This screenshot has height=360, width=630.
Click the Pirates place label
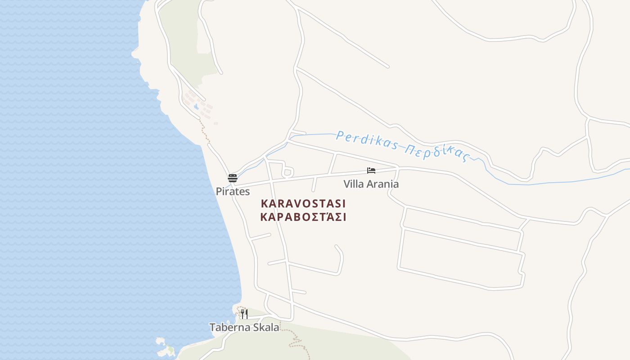click(233, 191)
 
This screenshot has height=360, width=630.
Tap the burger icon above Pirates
click(232, 178)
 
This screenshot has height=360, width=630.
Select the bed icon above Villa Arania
click(371, 171)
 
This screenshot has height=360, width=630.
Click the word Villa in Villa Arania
click(352, 184)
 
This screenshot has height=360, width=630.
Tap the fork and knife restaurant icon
click(244, 314)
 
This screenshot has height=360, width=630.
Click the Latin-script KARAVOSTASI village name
click(303, 203)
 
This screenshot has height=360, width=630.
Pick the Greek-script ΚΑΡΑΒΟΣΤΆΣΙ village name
click(303, 217)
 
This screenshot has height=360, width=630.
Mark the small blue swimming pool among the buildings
click(196, 107)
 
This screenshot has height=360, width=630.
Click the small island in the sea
click(164, 346)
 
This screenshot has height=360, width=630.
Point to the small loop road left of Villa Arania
click(288, 172)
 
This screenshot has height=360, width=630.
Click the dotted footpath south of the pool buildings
click(205, 130)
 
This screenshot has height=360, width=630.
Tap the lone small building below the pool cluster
click(216, 123)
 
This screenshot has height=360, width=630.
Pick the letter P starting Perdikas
click(340, 135)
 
